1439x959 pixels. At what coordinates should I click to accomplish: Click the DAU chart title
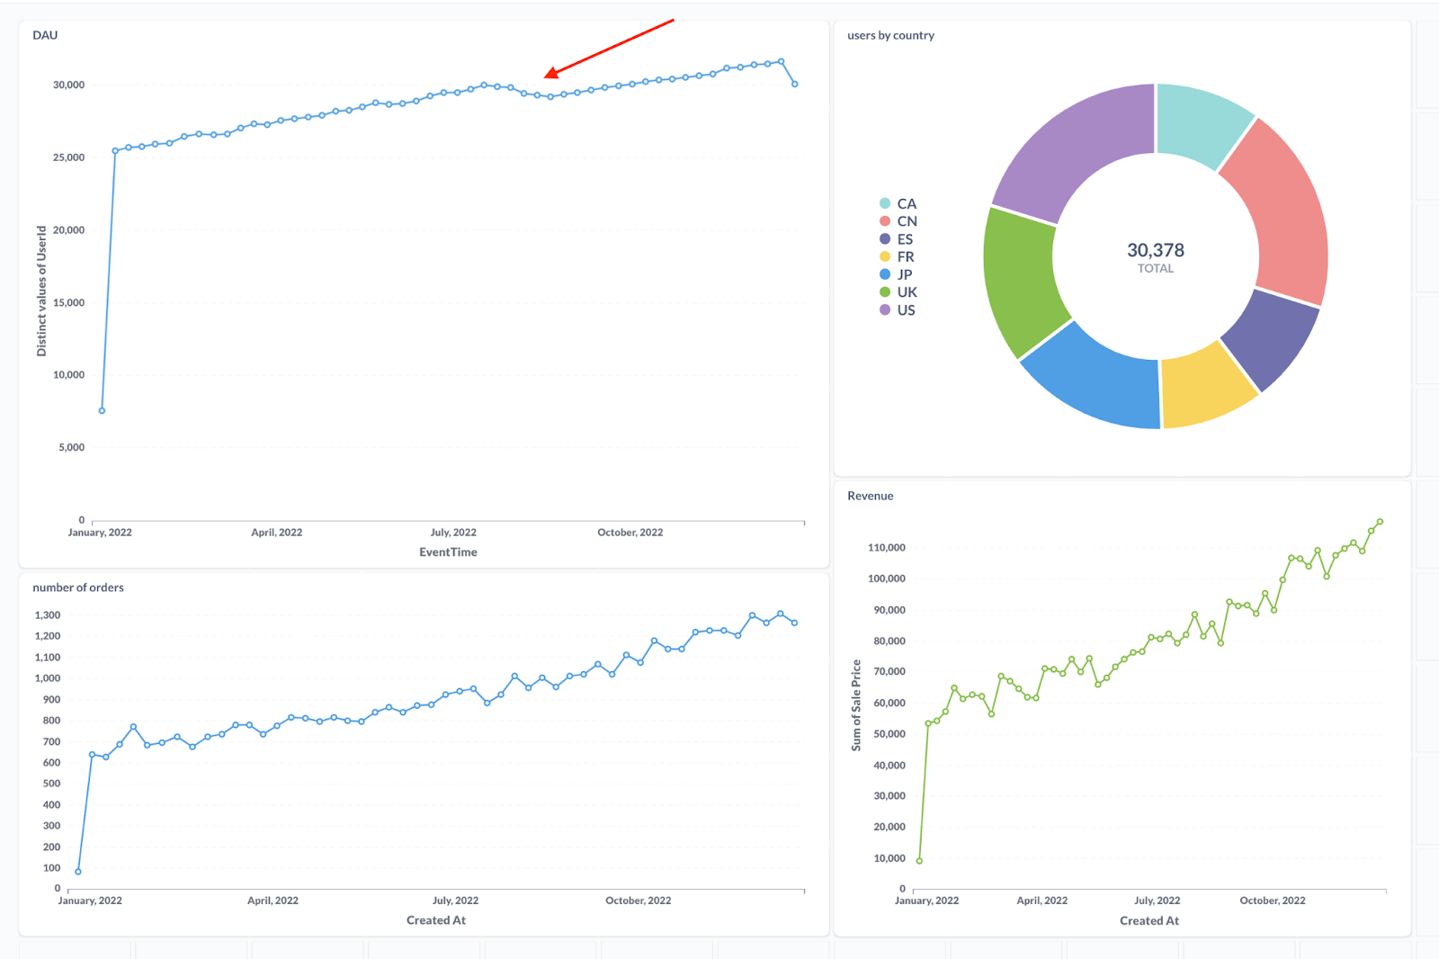tap(45, 35)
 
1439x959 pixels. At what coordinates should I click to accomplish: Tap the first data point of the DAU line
tap(102, 410)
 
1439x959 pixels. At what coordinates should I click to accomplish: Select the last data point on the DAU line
tap(794, 84)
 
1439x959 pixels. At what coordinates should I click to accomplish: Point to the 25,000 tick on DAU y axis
tap(68, 157)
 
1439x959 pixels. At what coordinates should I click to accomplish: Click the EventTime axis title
tap(448, 552)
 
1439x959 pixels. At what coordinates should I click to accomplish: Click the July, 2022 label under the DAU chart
tap(453, 533)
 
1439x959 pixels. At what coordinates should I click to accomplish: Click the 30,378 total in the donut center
tap(1156, 251)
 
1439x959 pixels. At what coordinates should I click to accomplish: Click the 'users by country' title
tap(890, 35)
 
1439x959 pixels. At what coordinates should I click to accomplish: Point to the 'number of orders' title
tap(78, 587)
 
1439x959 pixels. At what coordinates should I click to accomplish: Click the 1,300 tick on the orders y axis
tap(48, 615)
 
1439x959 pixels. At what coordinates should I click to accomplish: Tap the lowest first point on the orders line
tap(78, 871)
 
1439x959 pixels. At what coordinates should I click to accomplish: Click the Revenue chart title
tap(870, 496)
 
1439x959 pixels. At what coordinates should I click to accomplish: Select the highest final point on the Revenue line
tap(1380, 522)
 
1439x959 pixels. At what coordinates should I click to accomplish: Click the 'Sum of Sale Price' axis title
tap(856, 705)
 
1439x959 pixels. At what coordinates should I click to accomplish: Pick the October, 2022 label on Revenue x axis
tap(1272, 901)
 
